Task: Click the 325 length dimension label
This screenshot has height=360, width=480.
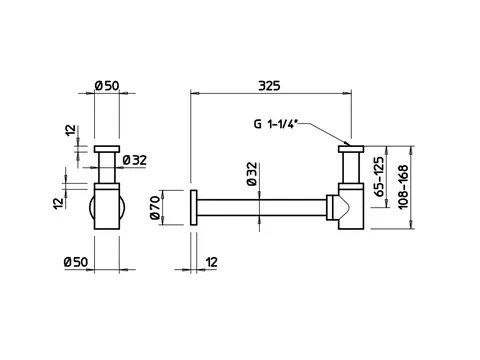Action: tap(269, 86)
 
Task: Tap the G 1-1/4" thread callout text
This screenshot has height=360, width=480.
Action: tap(275, 124)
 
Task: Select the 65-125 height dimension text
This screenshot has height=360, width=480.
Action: tap(379, 176)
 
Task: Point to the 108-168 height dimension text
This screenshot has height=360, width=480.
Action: tap(403, 187)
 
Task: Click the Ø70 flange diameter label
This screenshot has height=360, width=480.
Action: tap(155, 208)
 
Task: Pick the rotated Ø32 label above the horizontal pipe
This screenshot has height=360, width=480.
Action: tap(252, 173)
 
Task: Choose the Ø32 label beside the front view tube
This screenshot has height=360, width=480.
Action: tap(135, 160)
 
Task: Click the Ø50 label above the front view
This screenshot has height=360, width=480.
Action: tap(107, 86)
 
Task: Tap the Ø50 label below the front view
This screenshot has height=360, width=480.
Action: tap(76, 262)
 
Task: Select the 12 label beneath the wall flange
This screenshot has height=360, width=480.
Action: tap(212, 262)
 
